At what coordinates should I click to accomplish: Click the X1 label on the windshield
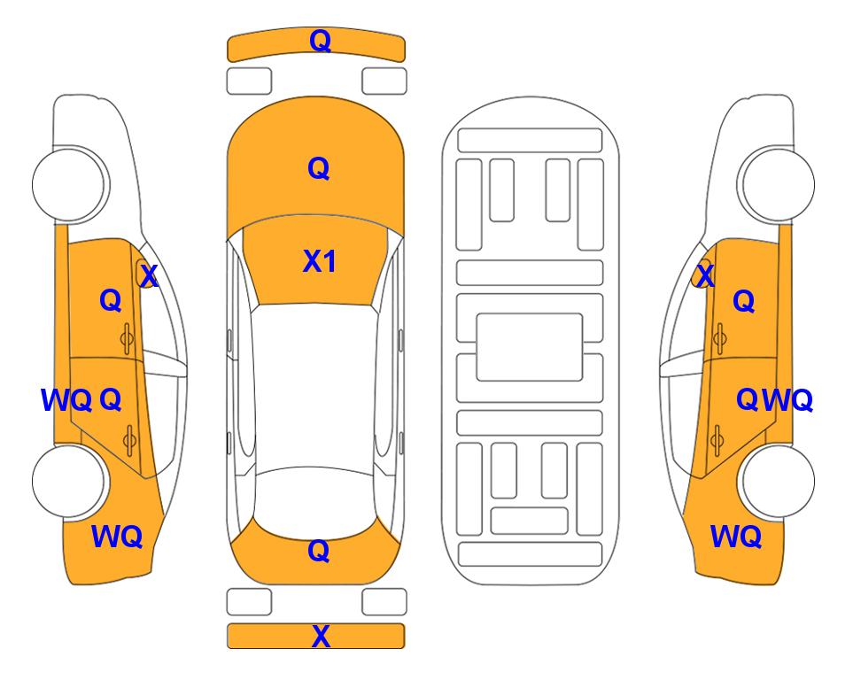pos(320,261)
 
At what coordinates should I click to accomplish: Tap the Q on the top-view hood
pos(319,168)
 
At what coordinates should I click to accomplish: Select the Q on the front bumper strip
pos(321,41)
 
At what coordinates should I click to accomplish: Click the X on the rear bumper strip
pos(321,636)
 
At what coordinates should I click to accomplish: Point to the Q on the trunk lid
pos(319,551)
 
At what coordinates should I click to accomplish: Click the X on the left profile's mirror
pos(149,275)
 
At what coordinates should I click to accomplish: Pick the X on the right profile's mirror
pos(705,275)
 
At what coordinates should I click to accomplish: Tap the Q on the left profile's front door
pos(111,300)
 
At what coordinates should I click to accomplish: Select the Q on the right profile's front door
pos(744,301)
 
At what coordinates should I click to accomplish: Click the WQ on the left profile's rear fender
pos(117,537)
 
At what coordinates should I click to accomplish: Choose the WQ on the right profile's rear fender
pos(735,537)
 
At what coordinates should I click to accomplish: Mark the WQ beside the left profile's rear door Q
pos(66,400)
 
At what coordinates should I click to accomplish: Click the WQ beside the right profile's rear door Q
pos(787,400)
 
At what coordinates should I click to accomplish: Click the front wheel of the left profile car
pos(69,184)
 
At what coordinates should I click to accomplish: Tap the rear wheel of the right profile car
pos(777,482)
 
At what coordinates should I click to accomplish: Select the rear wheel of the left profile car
pos(69,482)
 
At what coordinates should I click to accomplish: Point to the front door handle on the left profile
pos(127,339)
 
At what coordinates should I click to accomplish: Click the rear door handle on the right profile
pos(717,441)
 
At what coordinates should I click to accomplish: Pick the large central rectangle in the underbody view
pos(530,347)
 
